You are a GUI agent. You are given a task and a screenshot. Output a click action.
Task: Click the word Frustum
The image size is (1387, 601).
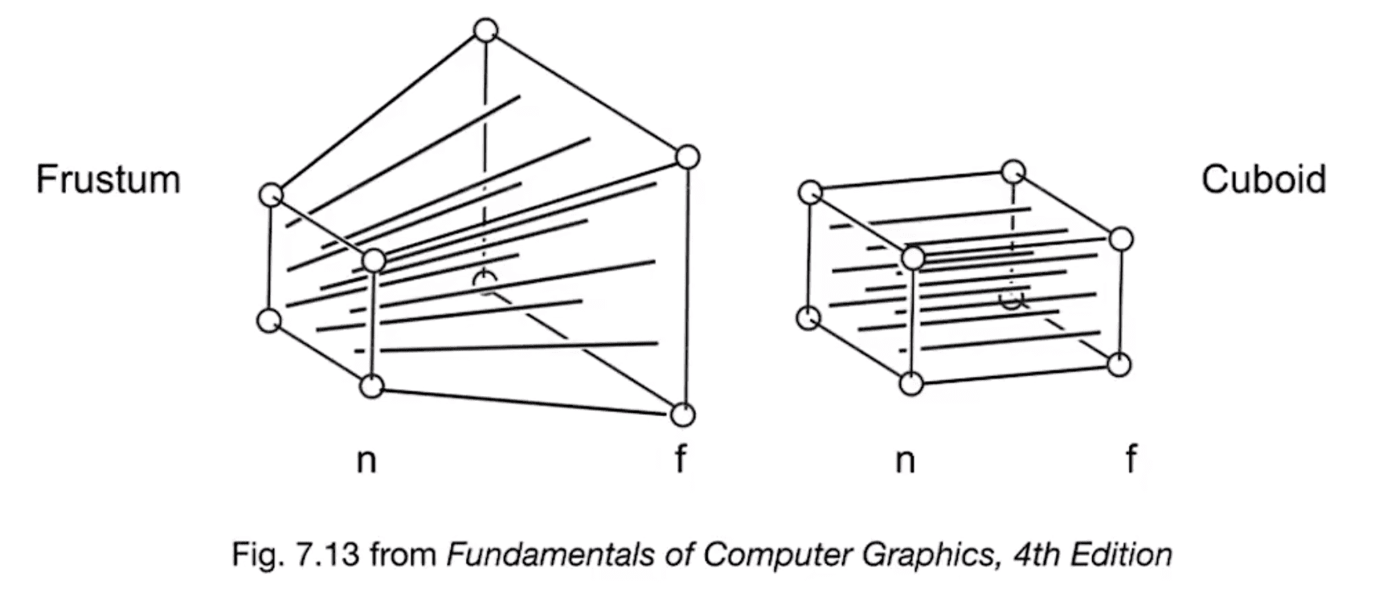(x=108, y=179)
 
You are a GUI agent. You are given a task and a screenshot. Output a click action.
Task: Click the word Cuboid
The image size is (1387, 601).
(x=1263, y=179)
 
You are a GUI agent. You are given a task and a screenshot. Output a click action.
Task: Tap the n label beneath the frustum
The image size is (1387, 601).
(x=366, y=460)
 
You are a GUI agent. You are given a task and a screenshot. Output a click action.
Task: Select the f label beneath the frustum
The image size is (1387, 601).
(x=681, y=459)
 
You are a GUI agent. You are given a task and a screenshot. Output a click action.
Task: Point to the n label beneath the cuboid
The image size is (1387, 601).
(x=906, y=460)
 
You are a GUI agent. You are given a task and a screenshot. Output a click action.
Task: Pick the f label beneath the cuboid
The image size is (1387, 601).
(x=1131, y=459)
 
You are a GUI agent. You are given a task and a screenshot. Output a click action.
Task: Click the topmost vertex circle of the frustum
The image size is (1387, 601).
(x=485, y=31)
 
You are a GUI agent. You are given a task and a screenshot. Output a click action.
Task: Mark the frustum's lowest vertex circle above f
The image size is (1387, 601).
(x=682, y=415)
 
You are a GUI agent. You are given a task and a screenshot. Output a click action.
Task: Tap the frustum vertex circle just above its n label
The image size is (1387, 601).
(x=371, y=386)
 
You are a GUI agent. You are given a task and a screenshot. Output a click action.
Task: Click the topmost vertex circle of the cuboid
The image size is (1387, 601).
(x=1014, y=172)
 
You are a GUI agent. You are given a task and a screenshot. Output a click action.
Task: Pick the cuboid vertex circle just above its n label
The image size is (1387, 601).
(x=911, y=384)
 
